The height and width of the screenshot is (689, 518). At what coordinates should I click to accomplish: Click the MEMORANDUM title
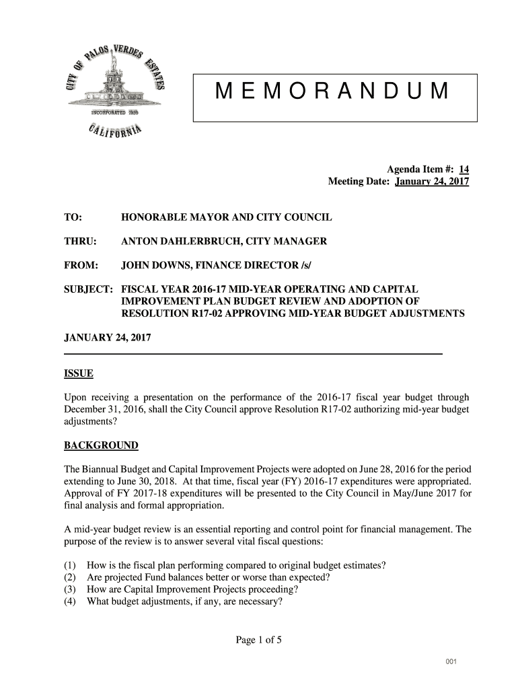click(334, 92)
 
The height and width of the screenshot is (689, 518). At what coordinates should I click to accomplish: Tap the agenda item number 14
click(464, 170)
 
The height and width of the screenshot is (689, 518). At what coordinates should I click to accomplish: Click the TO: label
click(73, 219)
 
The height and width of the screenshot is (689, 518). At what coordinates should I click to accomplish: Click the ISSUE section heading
click(78, 374)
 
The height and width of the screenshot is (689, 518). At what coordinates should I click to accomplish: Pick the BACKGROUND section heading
click(101, 445)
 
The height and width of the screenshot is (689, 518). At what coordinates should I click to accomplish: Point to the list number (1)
click(70, 565)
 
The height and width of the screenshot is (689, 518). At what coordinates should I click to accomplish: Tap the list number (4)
click(70, 602)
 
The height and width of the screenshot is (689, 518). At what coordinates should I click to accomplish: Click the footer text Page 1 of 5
click(258, 640)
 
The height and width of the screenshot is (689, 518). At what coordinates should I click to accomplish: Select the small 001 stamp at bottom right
click(450, 663)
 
